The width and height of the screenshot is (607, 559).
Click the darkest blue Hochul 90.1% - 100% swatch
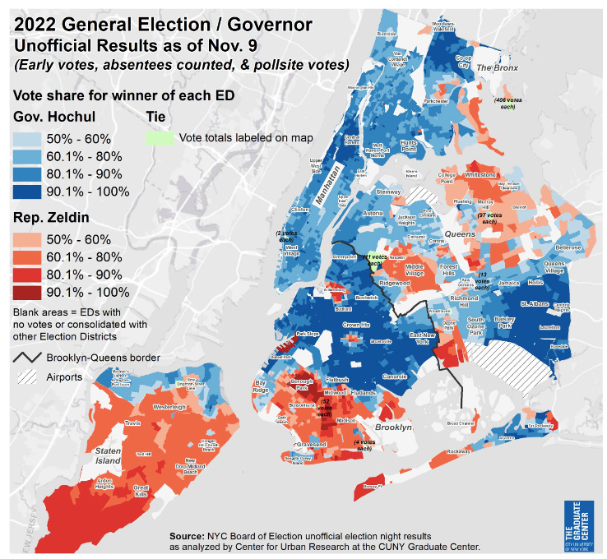click(x=33, y=192)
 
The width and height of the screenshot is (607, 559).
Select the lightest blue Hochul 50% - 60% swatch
click(x=33, y=137)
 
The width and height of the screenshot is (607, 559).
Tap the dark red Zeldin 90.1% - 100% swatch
click(x=33, y=291)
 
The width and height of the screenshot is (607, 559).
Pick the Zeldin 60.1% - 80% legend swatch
click(x=33, y=255)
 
